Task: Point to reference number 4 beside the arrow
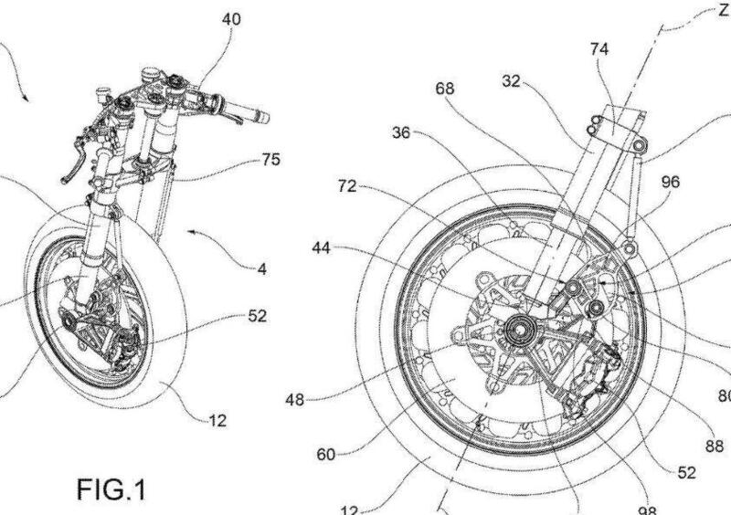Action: point(262,269)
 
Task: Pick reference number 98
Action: point(648,509)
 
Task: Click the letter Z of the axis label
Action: point(723,10)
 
